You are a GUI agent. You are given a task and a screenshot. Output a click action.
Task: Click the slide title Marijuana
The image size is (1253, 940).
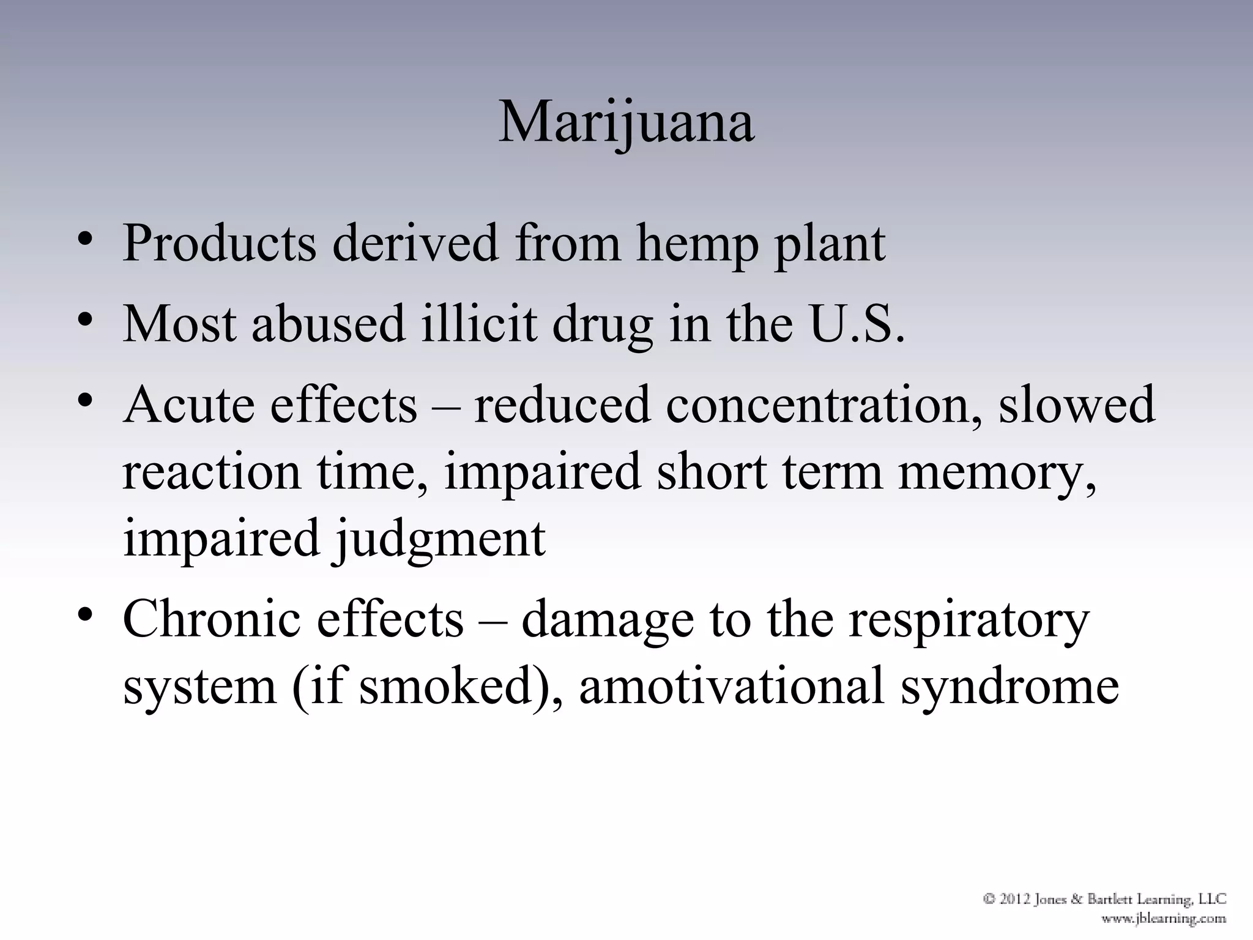point(626,122)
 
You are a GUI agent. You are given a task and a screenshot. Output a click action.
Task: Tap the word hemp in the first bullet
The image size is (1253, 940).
point(696,244)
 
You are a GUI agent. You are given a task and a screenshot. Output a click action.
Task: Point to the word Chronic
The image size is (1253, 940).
point(212,619)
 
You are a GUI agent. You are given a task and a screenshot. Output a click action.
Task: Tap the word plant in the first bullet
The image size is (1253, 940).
point(830,244)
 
